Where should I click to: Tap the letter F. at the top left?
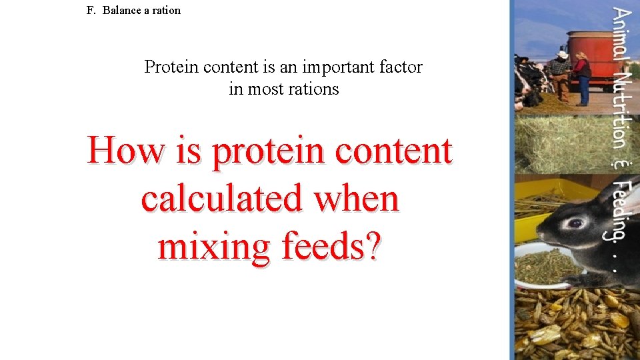tap(91, 11)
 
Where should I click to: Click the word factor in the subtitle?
tap(401, 67)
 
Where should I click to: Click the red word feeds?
tap(332, 246)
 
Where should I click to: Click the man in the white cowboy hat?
tap(561, 74)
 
